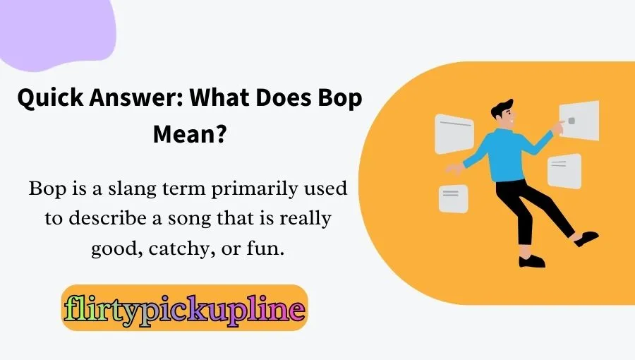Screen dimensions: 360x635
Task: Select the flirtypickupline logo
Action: [184, 308]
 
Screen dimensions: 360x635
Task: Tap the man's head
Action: [506, 113]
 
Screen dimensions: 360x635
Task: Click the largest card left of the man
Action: [454, 133]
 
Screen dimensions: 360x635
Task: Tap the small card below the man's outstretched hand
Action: [453, 198]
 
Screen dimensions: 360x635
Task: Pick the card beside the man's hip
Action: [564, 171]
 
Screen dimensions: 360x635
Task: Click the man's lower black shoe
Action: [532, 260]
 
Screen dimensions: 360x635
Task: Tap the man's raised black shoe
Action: [586, 238]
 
